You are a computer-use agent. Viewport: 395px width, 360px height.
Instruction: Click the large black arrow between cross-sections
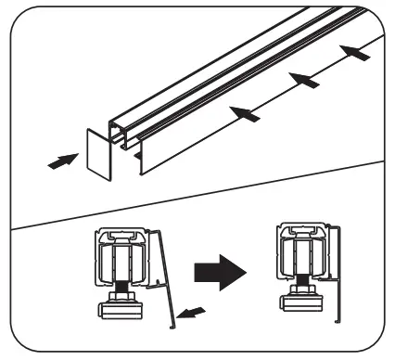pyautogui.click(x=220, y=272)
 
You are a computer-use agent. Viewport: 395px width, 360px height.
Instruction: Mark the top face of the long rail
pyautogui.click(x=232, y=65)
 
